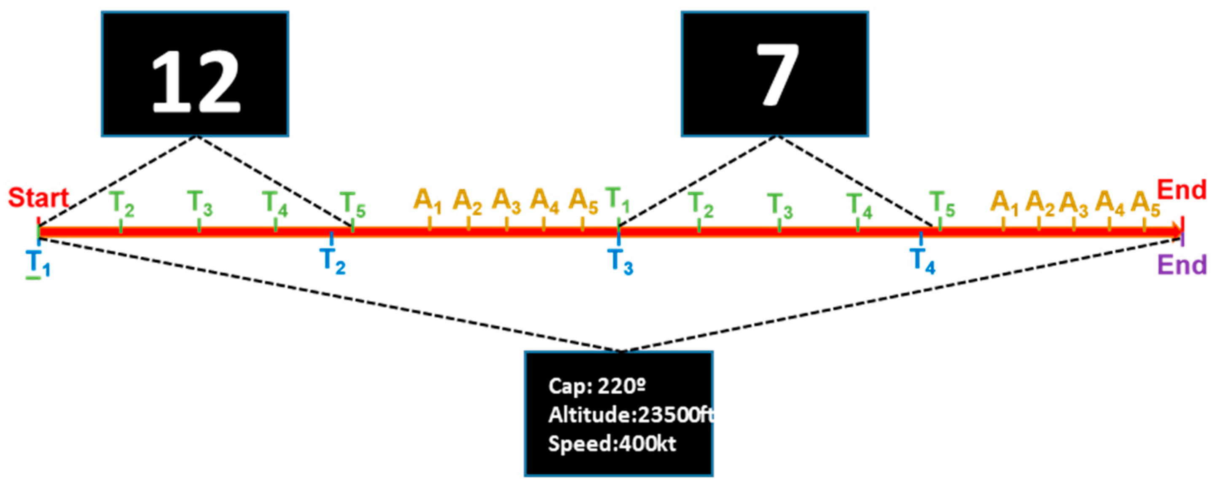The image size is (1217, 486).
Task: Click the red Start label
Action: point(39,197)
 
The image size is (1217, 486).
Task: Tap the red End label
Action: point(1182,191)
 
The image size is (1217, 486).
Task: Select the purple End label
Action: point(1182,265)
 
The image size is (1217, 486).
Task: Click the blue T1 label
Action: point(38,262)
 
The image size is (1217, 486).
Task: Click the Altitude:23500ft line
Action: point(631,415)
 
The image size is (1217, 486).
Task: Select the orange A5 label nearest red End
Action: point(1145,204)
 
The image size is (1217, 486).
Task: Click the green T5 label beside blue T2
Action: point(352,204)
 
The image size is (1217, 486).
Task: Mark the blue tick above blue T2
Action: point(332,238)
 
